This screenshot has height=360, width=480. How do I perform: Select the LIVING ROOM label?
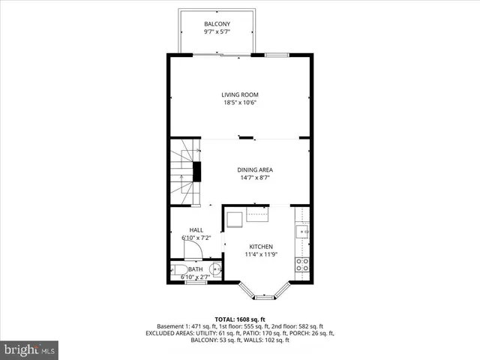coord(239,94)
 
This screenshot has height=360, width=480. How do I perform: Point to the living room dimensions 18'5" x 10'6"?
coord(239,103)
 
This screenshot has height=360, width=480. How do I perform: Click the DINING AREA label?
coord(255,170)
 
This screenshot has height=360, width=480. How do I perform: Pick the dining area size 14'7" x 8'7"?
coord(255,178)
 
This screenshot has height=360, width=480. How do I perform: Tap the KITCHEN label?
coord(261,246)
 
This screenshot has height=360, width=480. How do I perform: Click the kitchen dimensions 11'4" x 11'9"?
coord(261,254)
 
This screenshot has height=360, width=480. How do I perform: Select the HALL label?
coord(196,230)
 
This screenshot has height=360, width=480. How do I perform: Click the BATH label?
coord(195,269)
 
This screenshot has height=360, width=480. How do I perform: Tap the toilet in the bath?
coord(178,271)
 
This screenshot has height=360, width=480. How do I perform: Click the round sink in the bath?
coord(215,271)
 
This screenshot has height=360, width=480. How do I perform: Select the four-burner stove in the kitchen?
coord(302,264)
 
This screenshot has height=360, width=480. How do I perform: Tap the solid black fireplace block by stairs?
coord(198,172)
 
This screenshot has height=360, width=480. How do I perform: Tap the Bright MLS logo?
coord(30,349)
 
